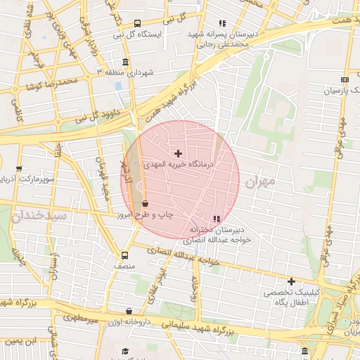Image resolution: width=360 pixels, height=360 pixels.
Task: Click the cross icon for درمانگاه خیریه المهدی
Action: [178, 153]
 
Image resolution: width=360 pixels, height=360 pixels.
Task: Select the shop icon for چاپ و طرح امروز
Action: [145, 204]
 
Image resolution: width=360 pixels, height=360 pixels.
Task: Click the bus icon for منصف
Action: [124, 256]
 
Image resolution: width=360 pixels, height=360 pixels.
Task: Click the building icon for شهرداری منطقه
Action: [125, 62]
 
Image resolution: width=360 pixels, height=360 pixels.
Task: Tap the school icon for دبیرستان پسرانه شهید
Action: [222, 23]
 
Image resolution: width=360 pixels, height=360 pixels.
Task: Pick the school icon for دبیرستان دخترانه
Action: [217, 219]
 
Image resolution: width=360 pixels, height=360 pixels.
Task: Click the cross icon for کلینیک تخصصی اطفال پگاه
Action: [291, 281]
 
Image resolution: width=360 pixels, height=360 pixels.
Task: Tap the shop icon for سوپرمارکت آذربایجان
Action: [18, 169]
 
